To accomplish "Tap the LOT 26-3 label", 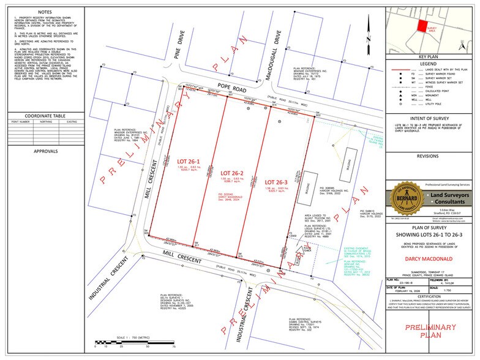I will (273, 182).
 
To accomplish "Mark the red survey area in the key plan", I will (422, 25).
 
